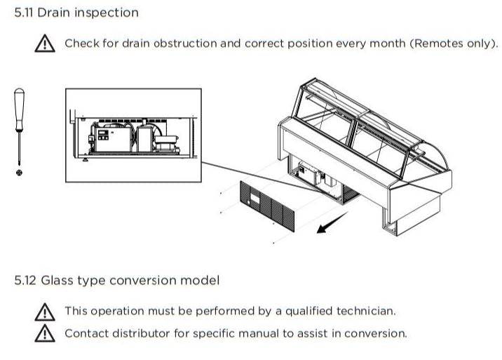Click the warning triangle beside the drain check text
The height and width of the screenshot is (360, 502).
[44, 44]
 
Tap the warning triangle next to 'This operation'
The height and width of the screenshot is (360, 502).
[44, 312]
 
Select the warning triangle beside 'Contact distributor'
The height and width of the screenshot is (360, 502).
[44, 333]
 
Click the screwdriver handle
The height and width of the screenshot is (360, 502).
[19, 109]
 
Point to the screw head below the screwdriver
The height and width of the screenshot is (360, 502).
[19, 173]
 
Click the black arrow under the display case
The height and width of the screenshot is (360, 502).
[332, 222]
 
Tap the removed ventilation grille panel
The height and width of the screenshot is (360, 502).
[266, 206]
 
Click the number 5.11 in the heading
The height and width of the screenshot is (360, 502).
[24, 13]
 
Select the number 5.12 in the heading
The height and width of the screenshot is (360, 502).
[25, 281]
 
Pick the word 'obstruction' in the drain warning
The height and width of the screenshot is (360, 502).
[185, 44]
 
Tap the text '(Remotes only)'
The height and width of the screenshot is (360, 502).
[454, 44]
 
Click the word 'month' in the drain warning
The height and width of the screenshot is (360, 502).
[388, 44]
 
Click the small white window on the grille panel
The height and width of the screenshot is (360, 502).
[255, 199]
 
